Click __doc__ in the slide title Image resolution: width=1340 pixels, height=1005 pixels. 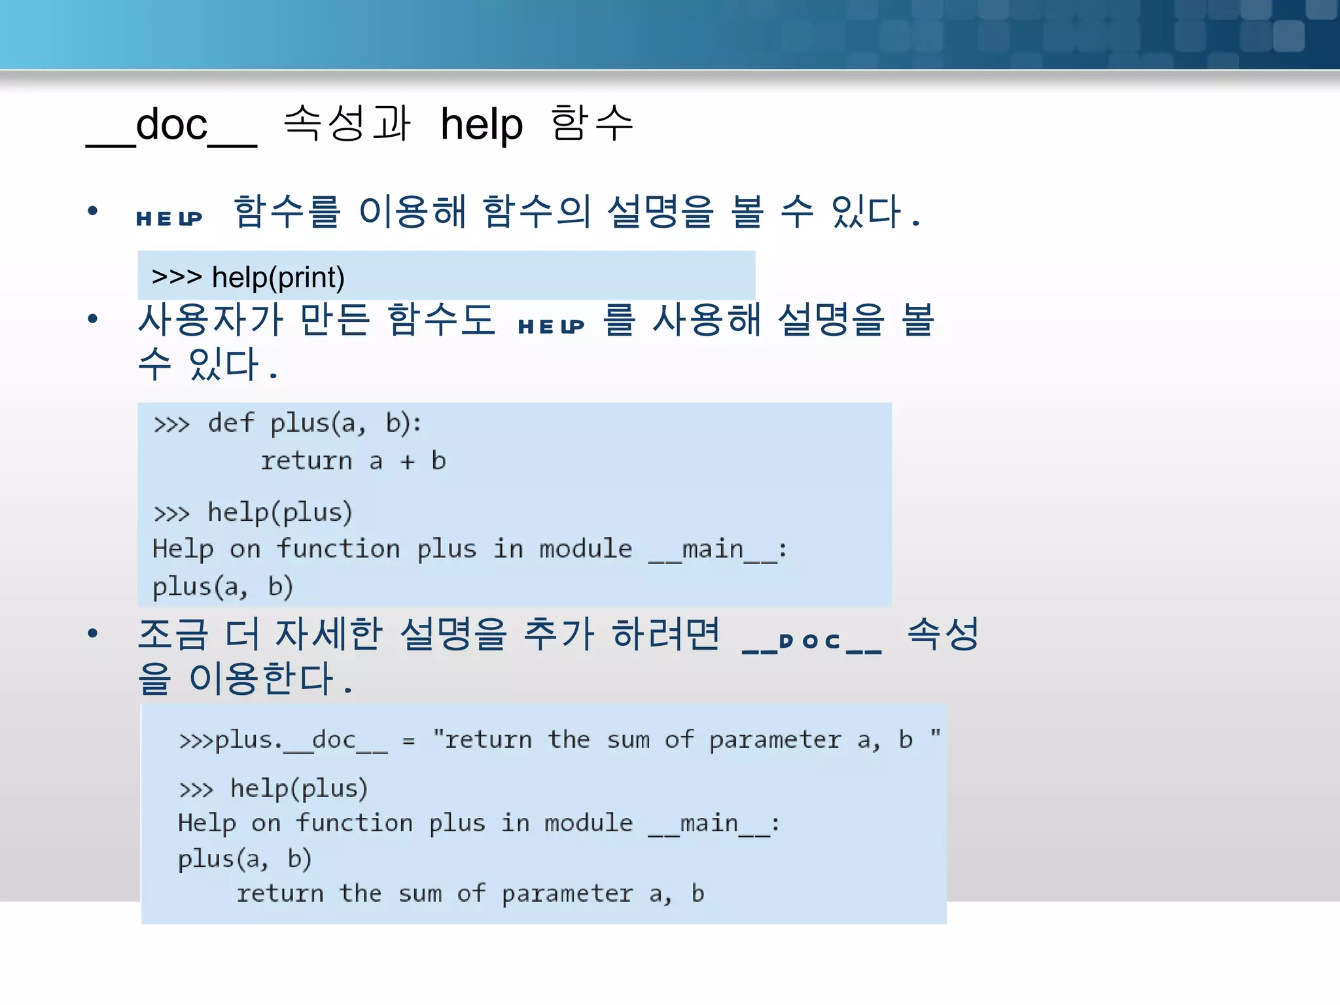pyautogui.click(x=171, y=126)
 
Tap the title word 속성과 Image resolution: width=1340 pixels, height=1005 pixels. pyautogui.click(x=347, y=123)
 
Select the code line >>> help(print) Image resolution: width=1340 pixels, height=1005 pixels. pyautogui.click(x=248, y=277)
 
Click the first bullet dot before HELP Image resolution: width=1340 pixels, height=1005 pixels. pyautogui.click(x=93, y=211)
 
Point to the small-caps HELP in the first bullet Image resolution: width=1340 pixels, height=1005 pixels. pyautogui.click(x=169, y=218)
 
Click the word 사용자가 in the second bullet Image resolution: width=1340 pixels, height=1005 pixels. pyautogui.click(x=210, y=320)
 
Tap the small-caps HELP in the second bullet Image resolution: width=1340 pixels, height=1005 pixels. pyautogui.click(x=551, y=326)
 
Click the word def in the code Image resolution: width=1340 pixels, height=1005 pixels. pyautogui.click(x=230, y=423)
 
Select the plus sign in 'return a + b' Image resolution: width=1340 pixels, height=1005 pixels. pyautogui.click(x=408, y=462)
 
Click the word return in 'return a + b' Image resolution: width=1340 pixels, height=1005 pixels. pyautogui.click(x=306, y=461)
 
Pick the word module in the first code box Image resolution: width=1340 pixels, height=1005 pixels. pyautogui.click(x=586, y=548)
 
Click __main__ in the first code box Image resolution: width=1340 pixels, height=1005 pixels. pyautogui.click(x=713, y=550)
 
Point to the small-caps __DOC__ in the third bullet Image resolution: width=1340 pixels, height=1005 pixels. pyautogui.click(x=812, y=641)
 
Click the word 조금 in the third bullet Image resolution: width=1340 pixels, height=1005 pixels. pyautogui.click(x=173, y=634)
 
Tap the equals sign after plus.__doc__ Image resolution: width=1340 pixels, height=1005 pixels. pyautogui.click(x=409, y=741)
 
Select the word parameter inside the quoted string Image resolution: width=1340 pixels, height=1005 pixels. pyautogui.click(x=775, y=741)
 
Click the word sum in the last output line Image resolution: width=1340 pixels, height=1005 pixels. pyautogui.click(x=420, y=894)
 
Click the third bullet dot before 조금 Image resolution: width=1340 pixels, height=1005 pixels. pyautogui.click(x=93, y=633)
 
